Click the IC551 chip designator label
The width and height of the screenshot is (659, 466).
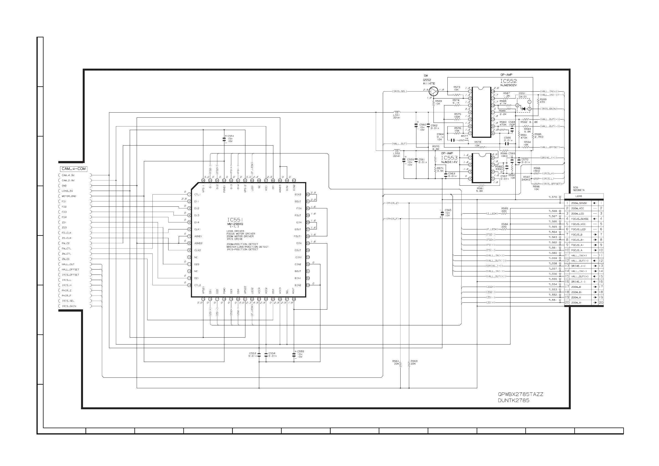click(x=235, y=220)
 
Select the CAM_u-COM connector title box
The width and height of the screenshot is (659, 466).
click(x=74, y=169)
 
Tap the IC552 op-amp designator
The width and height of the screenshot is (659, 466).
click(x=508, y=81)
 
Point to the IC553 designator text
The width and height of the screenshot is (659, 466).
click(x=449, y=158)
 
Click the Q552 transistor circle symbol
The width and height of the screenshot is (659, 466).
click(x=434, y=92)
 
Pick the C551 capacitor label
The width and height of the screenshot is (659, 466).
click(x=230, y=136)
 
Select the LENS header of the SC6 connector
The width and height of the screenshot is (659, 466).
click(x=579, y=196)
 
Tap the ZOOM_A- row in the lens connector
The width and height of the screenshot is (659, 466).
click(x=576, y=303)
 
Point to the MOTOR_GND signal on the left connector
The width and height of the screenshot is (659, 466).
click(x=69, y=196)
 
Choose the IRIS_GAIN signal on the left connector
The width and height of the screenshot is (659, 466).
click(x=69, y=306)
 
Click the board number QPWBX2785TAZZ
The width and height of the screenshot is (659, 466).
click(x=520, y=394)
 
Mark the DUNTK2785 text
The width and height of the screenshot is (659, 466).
click(x=513, y=400)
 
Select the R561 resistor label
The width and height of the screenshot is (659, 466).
click(x=396, y=361)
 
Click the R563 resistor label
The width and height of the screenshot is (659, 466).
click(x=414, y=361)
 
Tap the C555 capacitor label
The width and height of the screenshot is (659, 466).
click(x=300, y=351)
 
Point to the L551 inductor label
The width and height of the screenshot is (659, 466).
click(x=396, y=115)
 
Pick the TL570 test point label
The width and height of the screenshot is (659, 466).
click(x=552, y=197)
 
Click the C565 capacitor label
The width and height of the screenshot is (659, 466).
click(x=448, y=210)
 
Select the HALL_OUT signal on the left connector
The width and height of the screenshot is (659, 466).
click(x=68, y=265)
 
